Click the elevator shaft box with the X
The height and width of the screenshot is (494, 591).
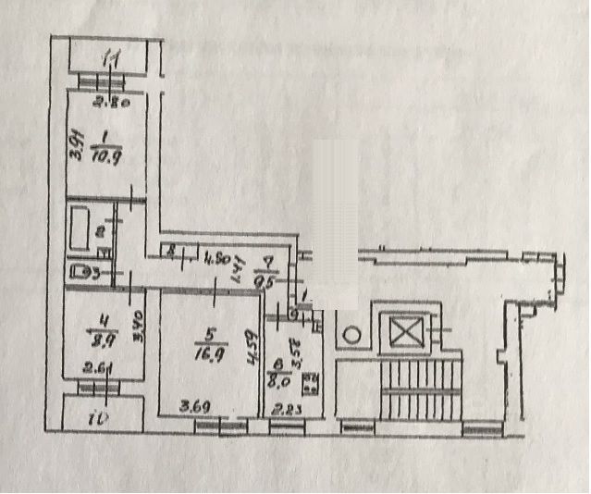tap(404, 329)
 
